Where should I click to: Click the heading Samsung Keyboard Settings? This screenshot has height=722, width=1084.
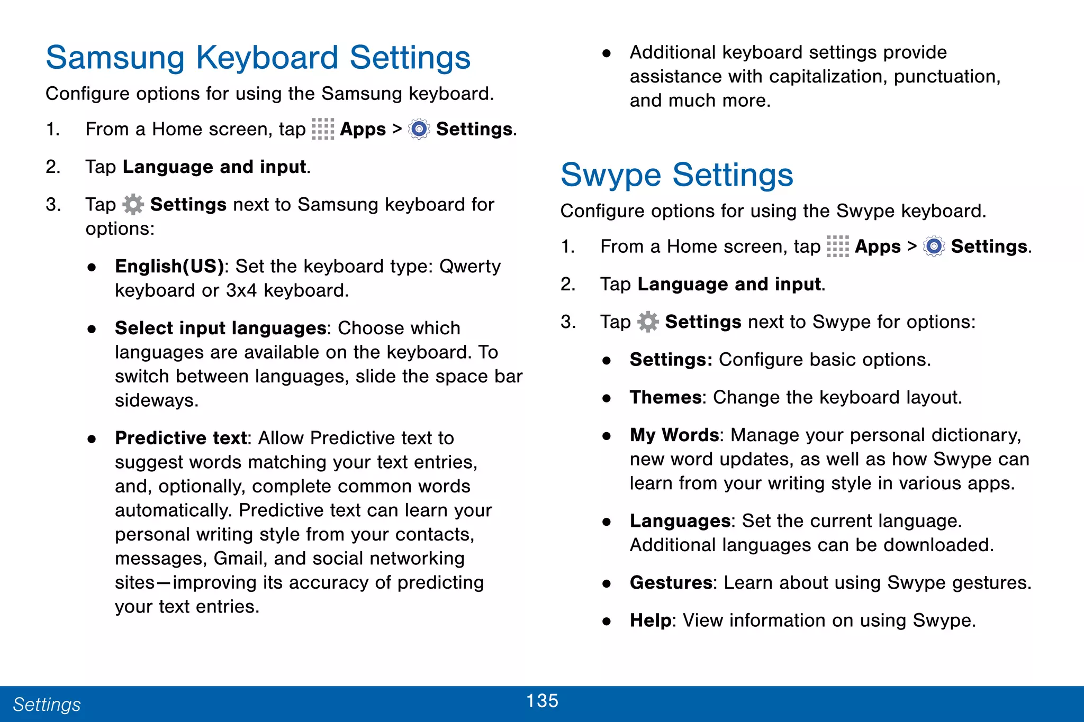click(258, 57)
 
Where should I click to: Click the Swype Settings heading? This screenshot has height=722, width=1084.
click(676, 175)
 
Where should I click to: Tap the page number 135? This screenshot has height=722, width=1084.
click(542, 701)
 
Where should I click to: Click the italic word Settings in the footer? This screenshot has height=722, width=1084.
click(47, 705)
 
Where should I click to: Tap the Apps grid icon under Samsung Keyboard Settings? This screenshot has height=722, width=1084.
click(323, 129)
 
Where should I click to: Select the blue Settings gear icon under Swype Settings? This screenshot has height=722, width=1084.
click(934, 246)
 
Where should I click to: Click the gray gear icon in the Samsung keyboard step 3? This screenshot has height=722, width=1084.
click(133, 205)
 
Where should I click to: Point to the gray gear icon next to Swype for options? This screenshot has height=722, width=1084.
click(648, 322)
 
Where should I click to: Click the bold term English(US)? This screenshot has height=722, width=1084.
click(169, 266)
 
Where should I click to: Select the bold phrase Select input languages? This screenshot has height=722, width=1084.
click(220, 328)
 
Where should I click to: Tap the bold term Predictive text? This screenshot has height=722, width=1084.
click(181, 438)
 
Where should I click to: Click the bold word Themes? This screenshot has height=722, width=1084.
click(665, 397)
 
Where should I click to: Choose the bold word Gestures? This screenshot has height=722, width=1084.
click(671, 582)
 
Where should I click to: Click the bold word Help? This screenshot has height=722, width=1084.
click(651, 620)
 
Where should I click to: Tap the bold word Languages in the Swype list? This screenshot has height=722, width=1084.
click(680, 521)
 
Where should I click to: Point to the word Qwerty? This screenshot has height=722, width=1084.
click(470, 266)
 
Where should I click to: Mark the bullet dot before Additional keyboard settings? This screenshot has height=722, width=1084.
click(607, 53)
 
